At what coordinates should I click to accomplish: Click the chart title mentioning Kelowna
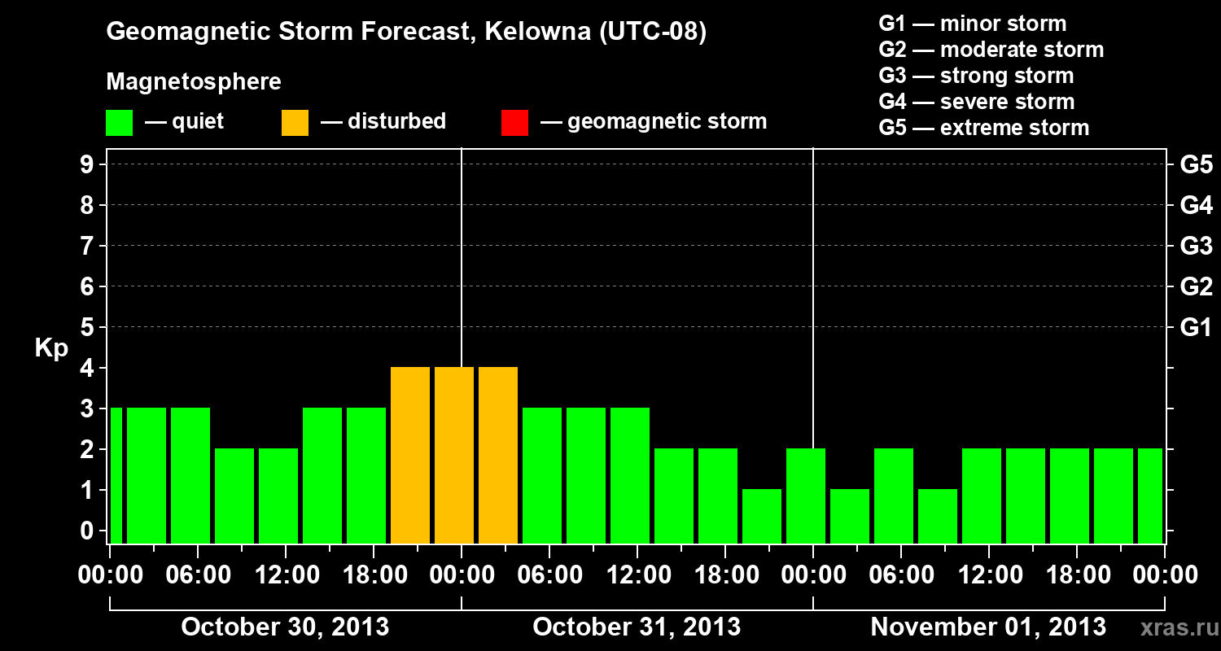pyautogui.click(x=406, y=32)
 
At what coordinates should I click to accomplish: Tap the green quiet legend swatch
pyautogui.click(x=119, y=123)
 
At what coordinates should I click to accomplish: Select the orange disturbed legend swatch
pyautogui.click(x=295, y=123)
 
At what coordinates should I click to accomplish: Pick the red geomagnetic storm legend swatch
pyautogui.click(x=514, y=123)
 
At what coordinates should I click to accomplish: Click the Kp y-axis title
pyautogui.click(x=51, y=348)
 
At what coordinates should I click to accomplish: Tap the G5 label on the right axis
pyautogui.click(x=1196, y=164)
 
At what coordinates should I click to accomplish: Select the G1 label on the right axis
pyautogui.click(x=1196, y=327)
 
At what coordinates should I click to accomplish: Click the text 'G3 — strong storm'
pyautogui.click(x=976, y=76)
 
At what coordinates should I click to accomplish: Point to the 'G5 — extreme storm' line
pyautogui.click(x=983, y=128)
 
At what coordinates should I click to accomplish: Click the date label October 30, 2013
pyautogui.click(x=284, y=627)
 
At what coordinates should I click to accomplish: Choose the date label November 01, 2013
pyautogui.click(x=988, y=627)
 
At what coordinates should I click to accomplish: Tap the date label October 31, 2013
pyautogui.click(x=637, y=627)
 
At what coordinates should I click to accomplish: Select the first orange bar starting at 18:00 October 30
pyautogui.click(x=410, y=455)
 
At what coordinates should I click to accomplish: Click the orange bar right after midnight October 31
pyautogui.click(x=498, y=455)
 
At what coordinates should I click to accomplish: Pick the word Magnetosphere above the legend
pyautogui.click(x=194, y=82)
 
